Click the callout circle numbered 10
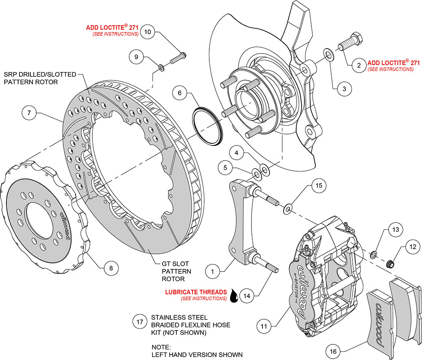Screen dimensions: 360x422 coord(147,32)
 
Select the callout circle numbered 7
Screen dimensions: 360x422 coord(29,113)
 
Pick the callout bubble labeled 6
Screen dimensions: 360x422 coord(179,93)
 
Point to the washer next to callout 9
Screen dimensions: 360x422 coord(161,67)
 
